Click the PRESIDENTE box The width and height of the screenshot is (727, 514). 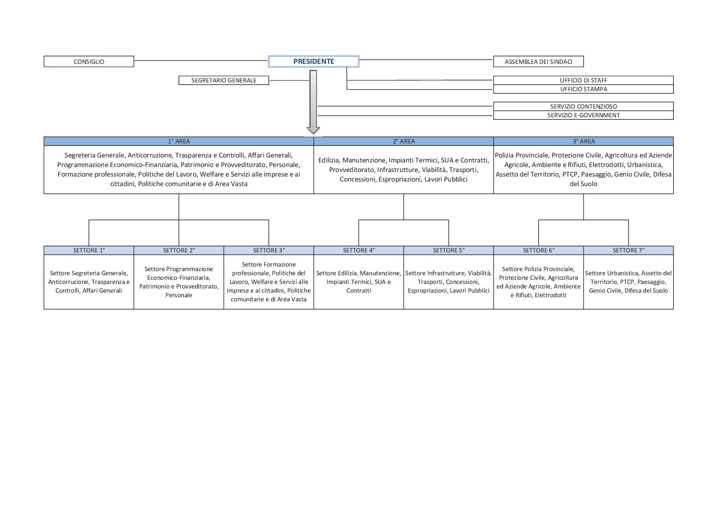(x=313, y=61)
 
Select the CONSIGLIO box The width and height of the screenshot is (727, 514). (x=89, y=61)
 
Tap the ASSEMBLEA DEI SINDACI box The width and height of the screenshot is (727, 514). (x=538, y=61)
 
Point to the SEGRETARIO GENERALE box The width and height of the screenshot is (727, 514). (x=224, y=80)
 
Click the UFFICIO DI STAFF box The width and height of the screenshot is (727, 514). (x=583, y=80)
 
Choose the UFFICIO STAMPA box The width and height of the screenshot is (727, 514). (x=583, y=89)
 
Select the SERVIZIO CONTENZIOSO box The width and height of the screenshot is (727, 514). (x=583, y=107)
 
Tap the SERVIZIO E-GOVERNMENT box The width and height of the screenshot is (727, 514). (x=583, y=115)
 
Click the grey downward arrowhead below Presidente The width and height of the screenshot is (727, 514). (x=313, y=130)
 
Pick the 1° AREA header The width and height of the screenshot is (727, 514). (x=179, y=141)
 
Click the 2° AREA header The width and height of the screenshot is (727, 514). (x=404, y=141)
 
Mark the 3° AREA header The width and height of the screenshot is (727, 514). (x=584, y=141)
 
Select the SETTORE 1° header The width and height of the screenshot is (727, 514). (x=89, y=250)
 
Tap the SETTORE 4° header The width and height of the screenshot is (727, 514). (x=359, y=250)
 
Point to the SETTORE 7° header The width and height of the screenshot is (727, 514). (x=628, y=250)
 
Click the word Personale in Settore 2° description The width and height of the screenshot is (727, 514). (x=179, y=295)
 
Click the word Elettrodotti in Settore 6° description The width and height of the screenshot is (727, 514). (x=550, y=295)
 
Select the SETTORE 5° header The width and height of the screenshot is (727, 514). (x=448, y=250)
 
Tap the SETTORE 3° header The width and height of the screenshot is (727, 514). (x=269, y=250)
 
